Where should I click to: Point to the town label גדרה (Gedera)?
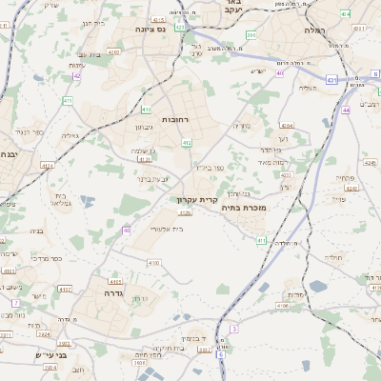[102, 294]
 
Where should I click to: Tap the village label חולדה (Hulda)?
[332, 257]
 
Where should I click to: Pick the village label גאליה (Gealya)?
[70, 135]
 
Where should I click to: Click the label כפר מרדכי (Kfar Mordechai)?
[45, 257]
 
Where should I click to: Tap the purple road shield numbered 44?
[346, 110]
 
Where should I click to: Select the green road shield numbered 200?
[251, 35]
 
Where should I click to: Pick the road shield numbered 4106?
[283, 306]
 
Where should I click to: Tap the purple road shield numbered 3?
[232, 329]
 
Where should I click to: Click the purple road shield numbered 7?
[15, 303]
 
